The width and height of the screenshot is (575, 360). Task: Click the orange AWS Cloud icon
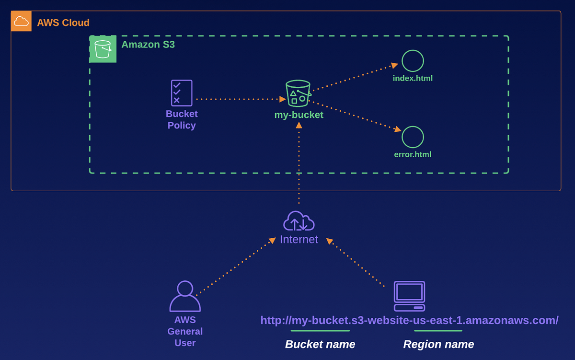pos(21,21)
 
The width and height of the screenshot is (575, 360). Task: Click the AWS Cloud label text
pos(63,23)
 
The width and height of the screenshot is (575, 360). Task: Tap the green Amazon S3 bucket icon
pos(103,49)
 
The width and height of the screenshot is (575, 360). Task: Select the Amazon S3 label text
pos(148,45)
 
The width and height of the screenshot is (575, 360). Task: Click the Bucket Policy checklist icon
pos(182,93)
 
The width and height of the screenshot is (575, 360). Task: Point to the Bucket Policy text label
pos(182,120)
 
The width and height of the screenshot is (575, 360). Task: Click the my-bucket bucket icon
pos(298,93)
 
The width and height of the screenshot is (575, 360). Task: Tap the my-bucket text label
pos(299,115)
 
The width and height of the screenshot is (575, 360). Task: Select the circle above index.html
pos(413,61)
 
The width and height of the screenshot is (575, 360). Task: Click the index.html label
pos(413,78)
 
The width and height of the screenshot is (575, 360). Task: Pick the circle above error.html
pos(413,137)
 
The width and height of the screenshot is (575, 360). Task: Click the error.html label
pos(413,154)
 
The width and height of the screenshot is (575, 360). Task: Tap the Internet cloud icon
pos(299,221)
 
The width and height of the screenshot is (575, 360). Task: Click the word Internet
pos(299,240)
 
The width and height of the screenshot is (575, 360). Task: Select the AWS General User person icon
pos(185,296)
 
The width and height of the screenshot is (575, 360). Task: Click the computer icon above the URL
pos(409,296)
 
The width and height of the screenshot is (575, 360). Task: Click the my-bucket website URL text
pos(409,320)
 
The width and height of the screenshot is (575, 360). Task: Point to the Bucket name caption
pos(320,344)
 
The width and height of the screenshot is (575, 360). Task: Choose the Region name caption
pos(438,344)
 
